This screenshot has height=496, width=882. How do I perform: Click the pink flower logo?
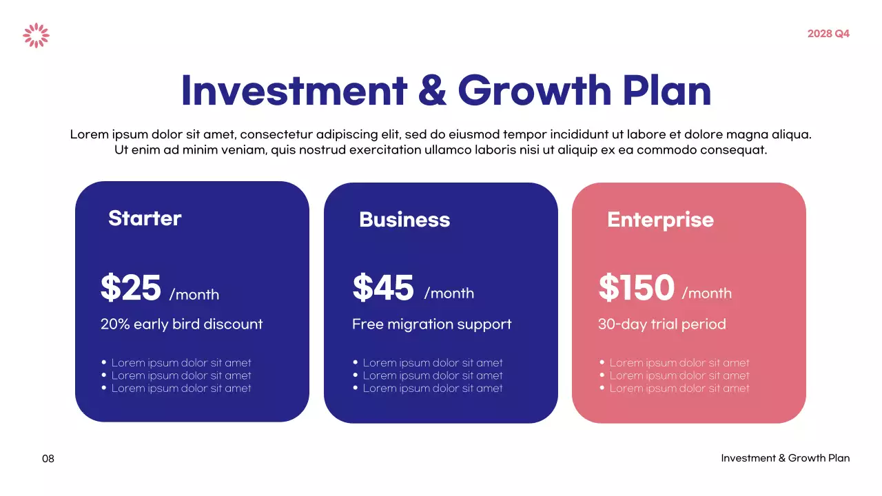36,35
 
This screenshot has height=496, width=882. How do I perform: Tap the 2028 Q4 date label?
828,34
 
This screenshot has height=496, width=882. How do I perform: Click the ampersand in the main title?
432,90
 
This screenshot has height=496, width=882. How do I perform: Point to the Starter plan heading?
145,218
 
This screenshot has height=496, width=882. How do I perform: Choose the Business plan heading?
404,220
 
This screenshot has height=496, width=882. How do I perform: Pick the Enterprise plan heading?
660,220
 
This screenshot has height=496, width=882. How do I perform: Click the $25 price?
131,288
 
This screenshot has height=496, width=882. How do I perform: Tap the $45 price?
383,288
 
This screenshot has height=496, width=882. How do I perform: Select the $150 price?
636,288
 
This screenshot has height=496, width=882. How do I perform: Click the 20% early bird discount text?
182,324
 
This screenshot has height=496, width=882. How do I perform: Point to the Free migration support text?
432,324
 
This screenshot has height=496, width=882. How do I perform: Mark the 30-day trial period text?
662,324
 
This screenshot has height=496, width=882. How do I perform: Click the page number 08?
48,458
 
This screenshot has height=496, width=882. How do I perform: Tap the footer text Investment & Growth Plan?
786,458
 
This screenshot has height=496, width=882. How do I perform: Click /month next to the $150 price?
707,293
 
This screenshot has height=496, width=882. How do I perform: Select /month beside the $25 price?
194,295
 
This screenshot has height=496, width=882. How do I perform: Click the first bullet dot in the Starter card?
104,362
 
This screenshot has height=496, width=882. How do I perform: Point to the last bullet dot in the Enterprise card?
602,388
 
